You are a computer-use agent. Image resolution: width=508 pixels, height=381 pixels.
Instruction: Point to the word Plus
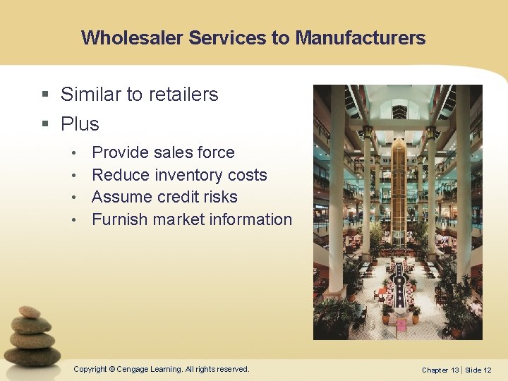pyautogui.click(x=80, y=124)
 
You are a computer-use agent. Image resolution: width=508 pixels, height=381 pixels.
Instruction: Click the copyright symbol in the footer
pyautogui.click(x=112, y=369)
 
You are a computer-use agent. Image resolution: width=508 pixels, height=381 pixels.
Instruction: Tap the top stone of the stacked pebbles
pyautogui.click(x=30, y=312)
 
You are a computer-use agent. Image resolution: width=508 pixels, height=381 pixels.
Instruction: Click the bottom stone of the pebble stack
pyautogui.click(x=32, y=356)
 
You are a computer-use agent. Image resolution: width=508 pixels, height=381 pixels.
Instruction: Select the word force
pyautogui.click(x=216, y=152)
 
